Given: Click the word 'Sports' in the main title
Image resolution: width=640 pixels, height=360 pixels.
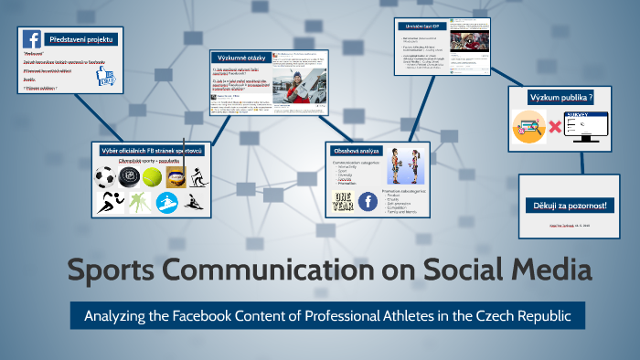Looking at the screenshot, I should coord(116,271).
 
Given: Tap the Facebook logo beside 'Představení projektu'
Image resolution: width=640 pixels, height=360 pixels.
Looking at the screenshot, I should coord(32,39).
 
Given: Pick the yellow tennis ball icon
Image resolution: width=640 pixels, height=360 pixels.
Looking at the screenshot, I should coord(152,175).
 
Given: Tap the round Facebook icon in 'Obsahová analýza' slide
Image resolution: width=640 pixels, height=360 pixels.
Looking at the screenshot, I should coord(368,202).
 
